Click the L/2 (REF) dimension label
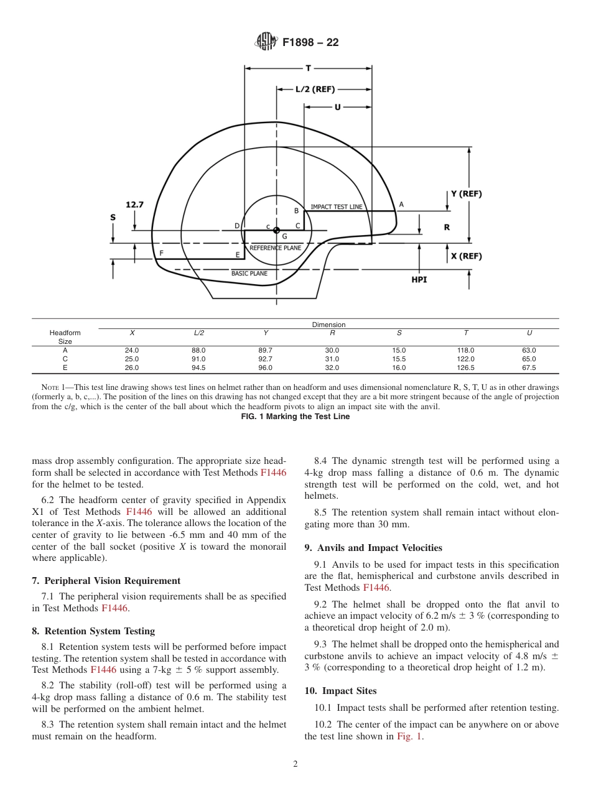pyautogui.click(x=315, y=89)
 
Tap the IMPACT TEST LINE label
pyautogui.click(x=337, y=206)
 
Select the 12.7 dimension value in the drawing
pyautogui.click(x=134, y=204)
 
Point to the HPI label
pyautogui.click(x=419, y=280)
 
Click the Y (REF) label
pyautogui.click(x=466, y=193)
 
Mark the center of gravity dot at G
pyautogui.click(x=276, y=230)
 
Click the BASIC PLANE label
pyautogui.click(x=249, y=273)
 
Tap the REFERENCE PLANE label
pyautogui.click(x=275, y=247)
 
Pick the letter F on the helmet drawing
pyautogui.click(x=161, y=253)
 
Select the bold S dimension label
pyautogui.click(x=113, y=217)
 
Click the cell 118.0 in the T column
pyautogui.click(x=465, y=350)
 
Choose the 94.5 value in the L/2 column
pyautogui.click(x=198, y=368)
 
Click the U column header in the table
pyautogui.click(x=529, y=333)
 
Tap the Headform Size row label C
pyautogui.click(x=65, y=359)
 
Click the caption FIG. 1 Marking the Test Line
pyautogui.click(x=295, y=417)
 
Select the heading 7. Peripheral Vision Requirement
pyautogui.click(x=106, y=581)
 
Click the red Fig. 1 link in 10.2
pyautogui.click(x=409, y=736)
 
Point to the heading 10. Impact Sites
pyautogui.click(x=340, y=691)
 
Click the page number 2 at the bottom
pyautogui.click(x=295, y=764)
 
